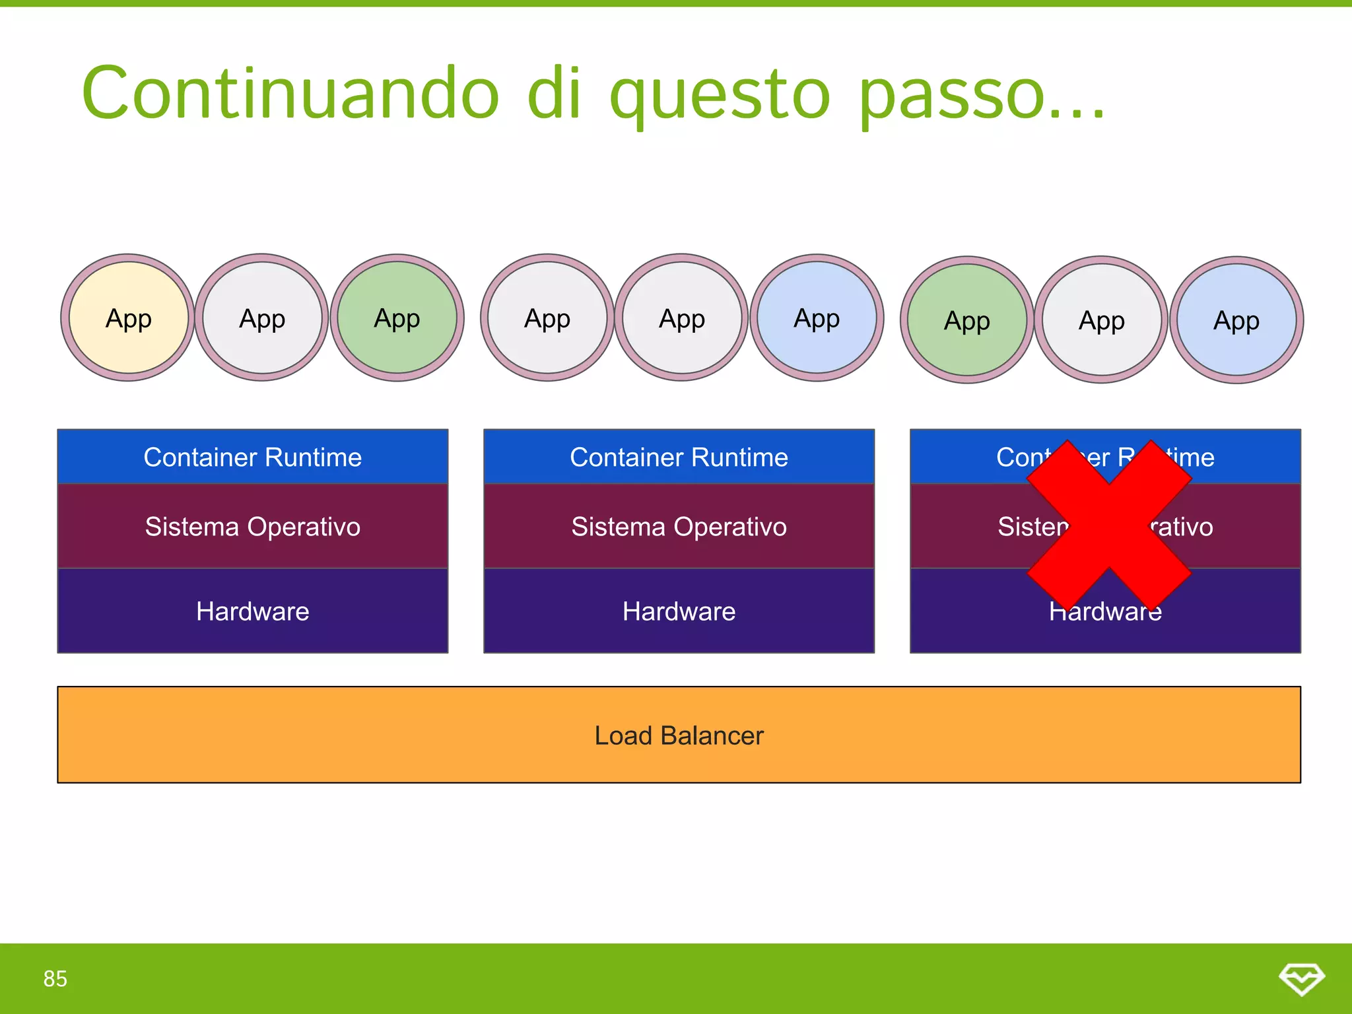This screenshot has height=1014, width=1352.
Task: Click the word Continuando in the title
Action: [290, 93]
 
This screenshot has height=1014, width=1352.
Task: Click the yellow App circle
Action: [129, 318]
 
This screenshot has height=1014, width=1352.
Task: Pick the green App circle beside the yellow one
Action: [397, 318]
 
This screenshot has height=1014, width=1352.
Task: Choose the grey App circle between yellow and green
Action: [262, 318]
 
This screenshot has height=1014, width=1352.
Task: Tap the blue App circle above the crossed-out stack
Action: [1236, 320]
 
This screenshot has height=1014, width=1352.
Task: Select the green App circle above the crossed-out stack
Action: [967, 320]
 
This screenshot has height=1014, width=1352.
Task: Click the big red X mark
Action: [1109, 525]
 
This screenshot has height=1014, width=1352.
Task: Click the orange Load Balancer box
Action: [679, 735]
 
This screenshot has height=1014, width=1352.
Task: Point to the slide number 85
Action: [55, 978]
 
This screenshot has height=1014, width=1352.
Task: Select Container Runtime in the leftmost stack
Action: [253, 457]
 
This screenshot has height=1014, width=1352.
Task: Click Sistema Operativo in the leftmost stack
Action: [253, 527]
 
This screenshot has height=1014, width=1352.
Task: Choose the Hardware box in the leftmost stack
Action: [253, 611]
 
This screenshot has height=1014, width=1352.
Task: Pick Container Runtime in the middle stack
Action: [679, 457]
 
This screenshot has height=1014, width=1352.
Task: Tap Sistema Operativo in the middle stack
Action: [679, 527]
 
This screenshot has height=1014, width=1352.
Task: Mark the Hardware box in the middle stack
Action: [679, 611]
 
